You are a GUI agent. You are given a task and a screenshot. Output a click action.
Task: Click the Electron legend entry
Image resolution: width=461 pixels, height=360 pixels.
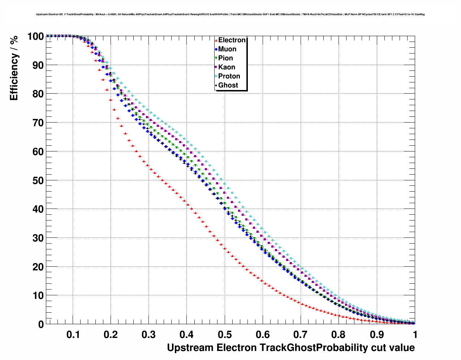coord(232,40)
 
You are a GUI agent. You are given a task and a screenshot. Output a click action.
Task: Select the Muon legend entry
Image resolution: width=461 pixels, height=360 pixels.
coord(227,49)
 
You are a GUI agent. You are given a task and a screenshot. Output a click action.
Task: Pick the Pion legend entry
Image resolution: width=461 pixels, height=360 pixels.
coord(225,58)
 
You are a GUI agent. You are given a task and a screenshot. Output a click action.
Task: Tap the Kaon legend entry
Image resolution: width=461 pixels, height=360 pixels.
coord(227,67)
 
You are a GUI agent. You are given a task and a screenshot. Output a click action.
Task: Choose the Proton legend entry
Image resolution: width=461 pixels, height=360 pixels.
coord(229,76)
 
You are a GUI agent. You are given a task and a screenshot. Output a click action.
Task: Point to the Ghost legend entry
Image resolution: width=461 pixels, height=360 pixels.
coord(228,85)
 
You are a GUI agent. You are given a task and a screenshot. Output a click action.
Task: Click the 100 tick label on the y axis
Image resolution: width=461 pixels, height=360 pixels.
coord(35,36)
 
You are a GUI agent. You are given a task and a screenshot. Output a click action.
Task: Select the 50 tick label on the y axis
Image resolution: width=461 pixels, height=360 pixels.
coord(38,180)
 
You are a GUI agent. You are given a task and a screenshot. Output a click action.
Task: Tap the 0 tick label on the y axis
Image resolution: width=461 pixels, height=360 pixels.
coord(41,324)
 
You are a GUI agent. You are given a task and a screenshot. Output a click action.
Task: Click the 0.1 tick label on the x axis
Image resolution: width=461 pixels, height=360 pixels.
coord(73,335)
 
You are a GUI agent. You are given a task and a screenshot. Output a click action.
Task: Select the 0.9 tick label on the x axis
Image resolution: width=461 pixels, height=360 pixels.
coord(377,335)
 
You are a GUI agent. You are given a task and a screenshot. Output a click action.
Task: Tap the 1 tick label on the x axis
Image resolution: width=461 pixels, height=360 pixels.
coord(415,335)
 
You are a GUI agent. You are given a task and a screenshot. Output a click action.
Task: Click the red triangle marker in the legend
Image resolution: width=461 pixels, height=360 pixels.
coord(216,40)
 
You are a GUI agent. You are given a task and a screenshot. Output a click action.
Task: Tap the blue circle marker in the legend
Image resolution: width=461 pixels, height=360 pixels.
coord(216,49)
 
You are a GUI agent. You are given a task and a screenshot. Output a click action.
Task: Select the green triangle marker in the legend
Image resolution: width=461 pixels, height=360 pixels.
coord(216,58)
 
